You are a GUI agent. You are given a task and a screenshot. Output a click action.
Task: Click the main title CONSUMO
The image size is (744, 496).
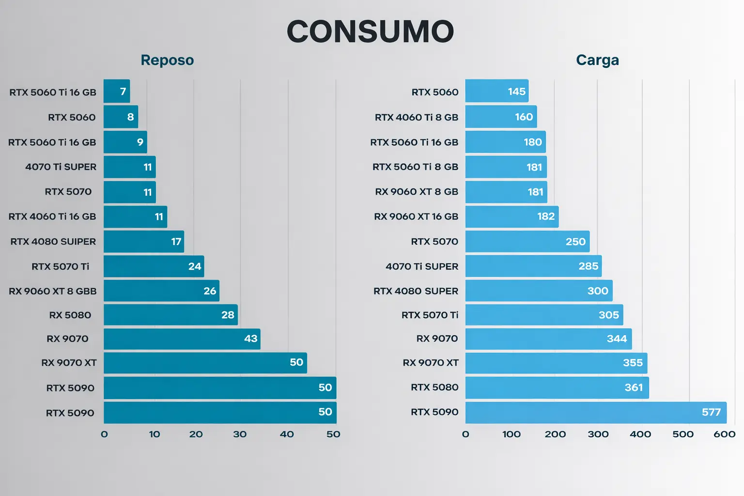[x=371, y=32]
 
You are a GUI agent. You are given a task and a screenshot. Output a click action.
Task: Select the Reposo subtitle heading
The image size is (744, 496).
[x=167, y=60]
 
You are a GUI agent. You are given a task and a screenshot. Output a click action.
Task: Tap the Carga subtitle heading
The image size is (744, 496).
[x=597, y=60]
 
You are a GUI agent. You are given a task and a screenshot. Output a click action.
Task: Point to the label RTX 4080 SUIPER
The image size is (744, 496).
[x=53, y=241]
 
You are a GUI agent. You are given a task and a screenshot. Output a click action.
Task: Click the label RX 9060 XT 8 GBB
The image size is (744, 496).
[x=53, y=291]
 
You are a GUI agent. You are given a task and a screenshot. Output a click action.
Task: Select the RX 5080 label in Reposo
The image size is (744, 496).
[x=70, y=315]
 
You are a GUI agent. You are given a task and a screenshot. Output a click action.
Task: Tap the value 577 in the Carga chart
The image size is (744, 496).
[x=711, y=412]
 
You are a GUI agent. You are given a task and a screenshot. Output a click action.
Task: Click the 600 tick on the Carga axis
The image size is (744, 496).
[x=724, y=434]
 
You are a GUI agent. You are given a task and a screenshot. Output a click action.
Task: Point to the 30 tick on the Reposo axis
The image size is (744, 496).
[x=240, y=434]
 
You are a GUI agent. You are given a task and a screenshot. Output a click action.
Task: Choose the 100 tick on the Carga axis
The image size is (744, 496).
[x=511, y=434]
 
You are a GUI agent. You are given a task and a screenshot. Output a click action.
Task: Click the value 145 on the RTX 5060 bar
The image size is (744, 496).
[x=516, y=92]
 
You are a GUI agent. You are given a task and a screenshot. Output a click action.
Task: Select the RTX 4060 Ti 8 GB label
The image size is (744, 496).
[x=417, y=117]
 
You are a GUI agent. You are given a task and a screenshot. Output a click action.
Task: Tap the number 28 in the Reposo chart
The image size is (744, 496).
[x=228, y=315]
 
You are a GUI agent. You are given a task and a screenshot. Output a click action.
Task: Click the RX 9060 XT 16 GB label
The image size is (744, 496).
[x=416, y=217]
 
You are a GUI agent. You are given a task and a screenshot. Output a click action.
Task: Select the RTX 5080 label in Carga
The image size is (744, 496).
[x=434, y=387]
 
